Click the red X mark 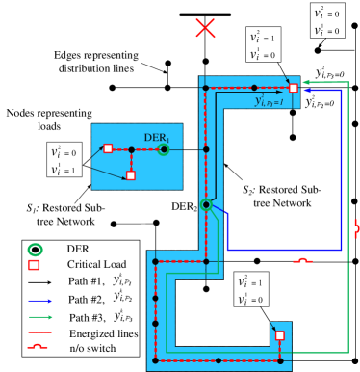205,28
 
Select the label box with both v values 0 327,20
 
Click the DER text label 156,138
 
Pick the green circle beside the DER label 165,149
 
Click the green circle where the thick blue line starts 206,204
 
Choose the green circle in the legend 35,250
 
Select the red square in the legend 34,265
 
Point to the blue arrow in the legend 40,301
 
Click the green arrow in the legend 40,316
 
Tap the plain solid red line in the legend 40,332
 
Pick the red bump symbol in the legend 39,346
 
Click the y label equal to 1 269,100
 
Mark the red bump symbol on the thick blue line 302,260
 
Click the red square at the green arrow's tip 294,88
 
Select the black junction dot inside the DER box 131,149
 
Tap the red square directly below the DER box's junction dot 131,175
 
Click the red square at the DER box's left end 108,148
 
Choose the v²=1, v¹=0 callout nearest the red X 263,45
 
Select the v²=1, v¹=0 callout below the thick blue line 252,289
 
